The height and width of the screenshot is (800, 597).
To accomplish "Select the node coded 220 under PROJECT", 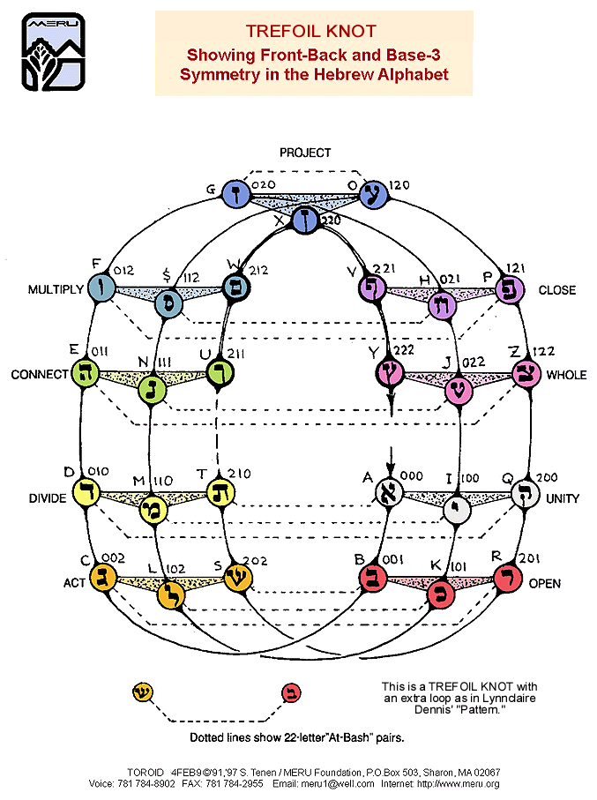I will (x=306, y=218).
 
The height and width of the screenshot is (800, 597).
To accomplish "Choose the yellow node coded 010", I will (x=86, y=493).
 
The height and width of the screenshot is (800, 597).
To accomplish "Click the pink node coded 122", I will (x=527, y=374).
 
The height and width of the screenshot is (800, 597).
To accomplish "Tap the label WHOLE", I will (x=566, y=375).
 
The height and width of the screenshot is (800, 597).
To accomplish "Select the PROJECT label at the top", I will (x=305, y=153).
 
